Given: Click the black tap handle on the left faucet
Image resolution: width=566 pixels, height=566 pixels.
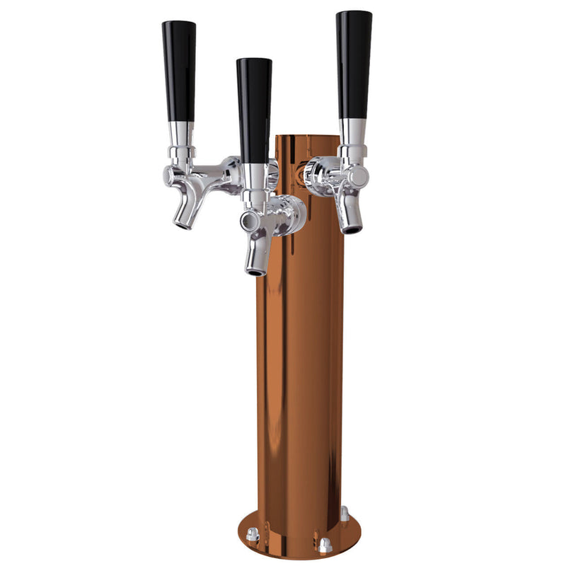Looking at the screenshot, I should [x=178, y=71].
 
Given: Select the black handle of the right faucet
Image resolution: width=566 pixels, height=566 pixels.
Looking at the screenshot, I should [x=354, y=64].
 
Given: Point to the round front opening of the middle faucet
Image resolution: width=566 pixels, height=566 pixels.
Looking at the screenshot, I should [x=247, y=221].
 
